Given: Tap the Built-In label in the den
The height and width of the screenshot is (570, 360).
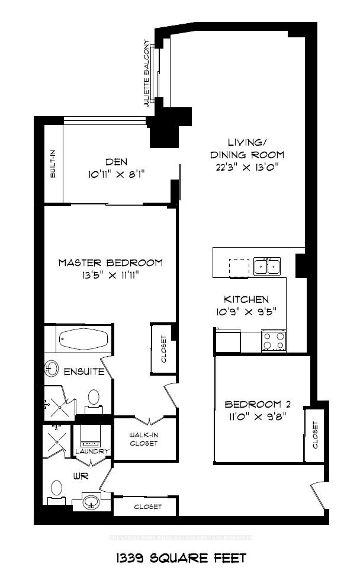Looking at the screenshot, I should click(53, 164).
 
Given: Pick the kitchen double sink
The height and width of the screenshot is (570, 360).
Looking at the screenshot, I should click(267, 267).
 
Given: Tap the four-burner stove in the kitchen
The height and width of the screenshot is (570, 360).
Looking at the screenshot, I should click(274, 341).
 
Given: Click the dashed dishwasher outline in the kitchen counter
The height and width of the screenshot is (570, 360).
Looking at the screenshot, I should click(240, 268).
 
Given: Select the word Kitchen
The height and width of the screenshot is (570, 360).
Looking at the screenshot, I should click(246, 300).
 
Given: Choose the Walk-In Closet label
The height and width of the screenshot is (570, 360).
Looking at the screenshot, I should click(144, 439).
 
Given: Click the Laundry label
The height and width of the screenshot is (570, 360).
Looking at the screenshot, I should click(92, 451).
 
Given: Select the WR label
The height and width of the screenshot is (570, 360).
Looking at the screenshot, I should click(80, 475).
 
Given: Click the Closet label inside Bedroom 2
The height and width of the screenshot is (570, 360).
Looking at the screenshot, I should click(315, 435).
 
